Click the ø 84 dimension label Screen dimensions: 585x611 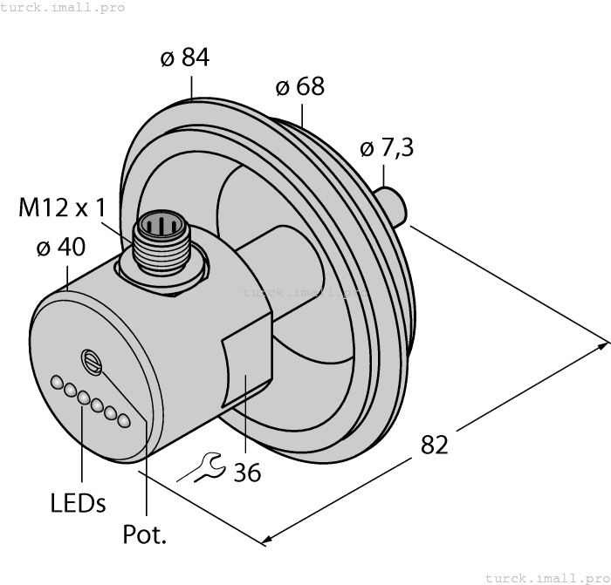click(x=185, y=58)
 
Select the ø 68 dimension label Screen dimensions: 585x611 click(x=299, y=87)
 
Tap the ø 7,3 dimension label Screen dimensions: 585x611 click(x=387, y=149)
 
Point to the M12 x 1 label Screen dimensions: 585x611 click(x=62, y=208)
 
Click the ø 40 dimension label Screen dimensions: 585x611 click(x=61, y=248)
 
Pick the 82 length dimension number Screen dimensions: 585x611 click(x=434, y=444)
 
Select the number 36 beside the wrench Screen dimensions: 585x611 click(x=247, y=472)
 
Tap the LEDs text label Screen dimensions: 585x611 click(x=78, y=503)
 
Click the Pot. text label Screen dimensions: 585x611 click(x=145, y=534)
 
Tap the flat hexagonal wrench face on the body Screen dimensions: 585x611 click(x=246, y=389)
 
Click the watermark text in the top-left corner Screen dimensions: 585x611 click(x=63, y=8)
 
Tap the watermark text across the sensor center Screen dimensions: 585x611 click(x=305, y=293)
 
